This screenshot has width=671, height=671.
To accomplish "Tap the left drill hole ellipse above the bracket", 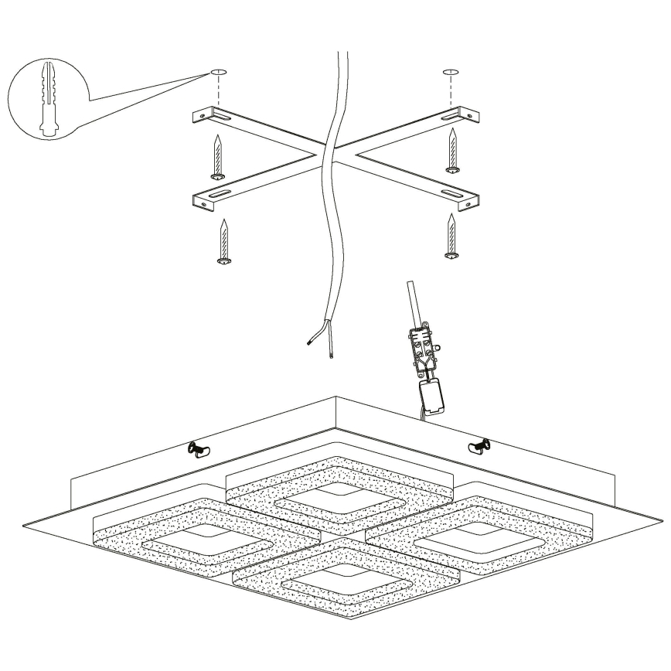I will (x=219, y=73).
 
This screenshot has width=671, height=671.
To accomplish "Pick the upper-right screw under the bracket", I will (x=452, y=152).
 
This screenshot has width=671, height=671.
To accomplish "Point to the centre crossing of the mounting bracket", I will (x=335, y=155).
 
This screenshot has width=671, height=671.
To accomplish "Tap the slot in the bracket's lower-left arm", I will (x=217, y=193).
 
